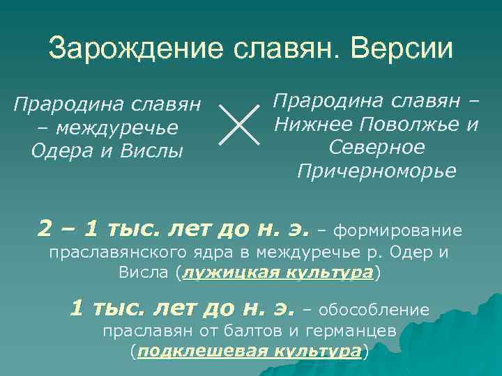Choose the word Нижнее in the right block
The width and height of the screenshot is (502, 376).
(314, 125)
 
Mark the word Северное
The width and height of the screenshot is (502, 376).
(376, 148)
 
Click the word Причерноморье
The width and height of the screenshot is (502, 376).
(376, 171)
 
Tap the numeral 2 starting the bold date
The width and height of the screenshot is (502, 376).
(46, 228)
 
